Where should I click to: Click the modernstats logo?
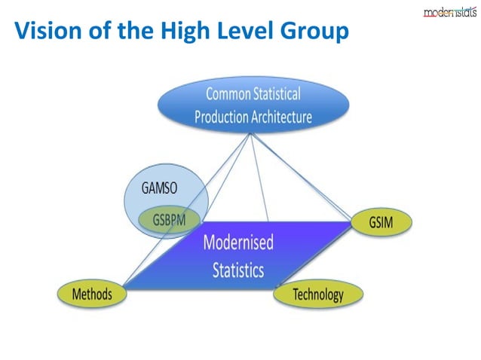[x=449, y=11]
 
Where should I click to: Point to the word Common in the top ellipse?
[x=231, y=95]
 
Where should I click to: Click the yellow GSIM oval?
[x=381, y=222]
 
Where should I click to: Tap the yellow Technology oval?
[x=317, y=294]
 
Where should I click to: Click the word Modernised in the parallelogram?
[x=238, y=243]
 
